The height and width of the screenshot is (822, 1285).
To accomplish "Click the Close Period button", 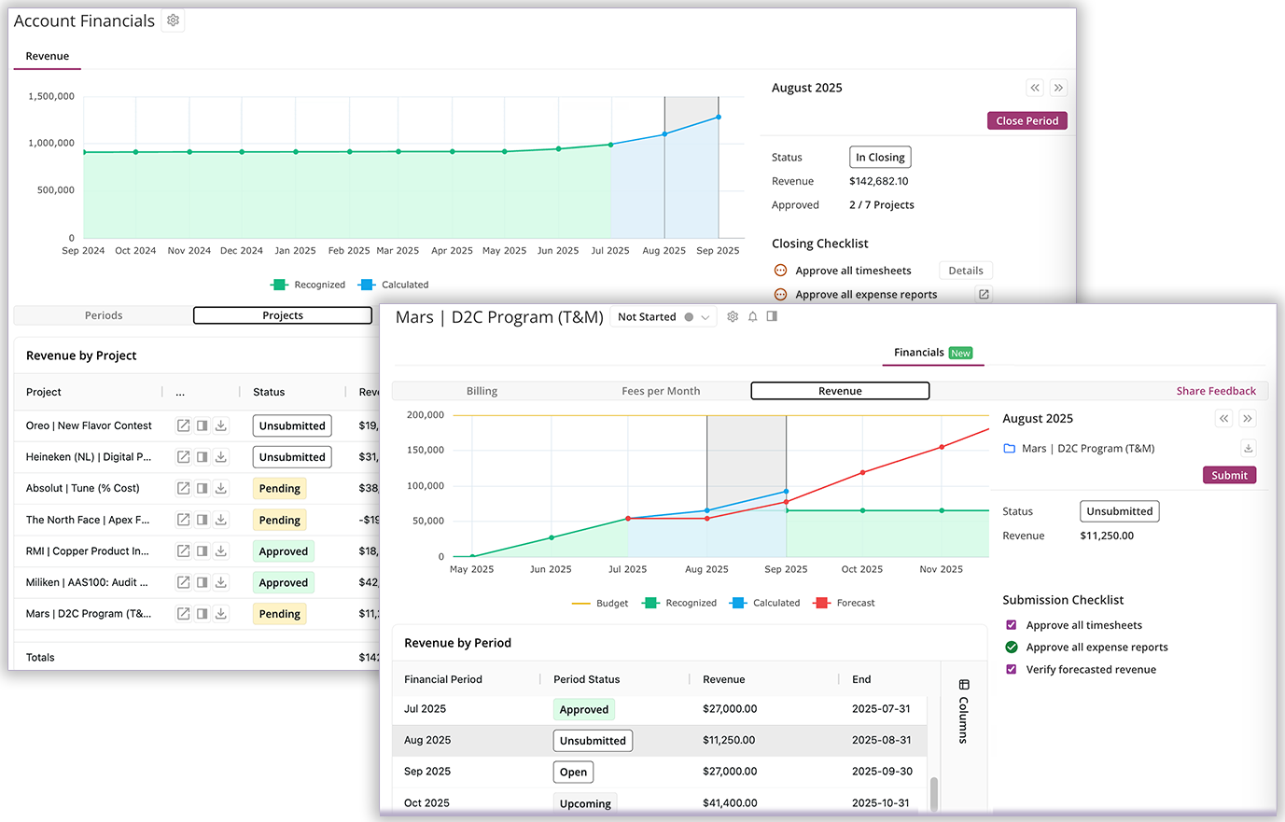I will coord(1027,120).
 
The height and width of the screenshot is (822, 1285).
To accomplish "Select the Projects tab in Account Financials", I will coord(282,315).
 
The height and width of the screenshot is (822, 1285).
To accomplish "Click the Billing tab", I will coord(482,391).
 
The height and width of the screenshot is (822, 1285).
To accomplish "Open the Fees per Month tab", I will coord(661,391).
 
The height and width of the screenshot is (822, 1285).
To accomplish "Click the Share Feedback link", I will coord(1215,391).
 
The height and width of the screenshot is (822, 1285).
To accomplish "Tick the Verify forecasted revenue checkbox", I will coord(1011,669).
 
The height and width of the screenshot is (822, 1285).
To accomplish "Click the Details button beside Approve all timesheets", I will coord(965,271).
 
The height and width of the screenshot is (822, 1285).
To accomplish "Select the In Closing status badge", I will coord(879,158).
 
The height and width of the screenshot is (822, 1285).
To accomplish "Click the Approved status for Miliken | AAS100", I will coord(283,582).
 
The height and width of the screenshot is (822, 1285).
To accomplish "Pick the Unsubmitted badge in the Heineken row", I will coord(292,457).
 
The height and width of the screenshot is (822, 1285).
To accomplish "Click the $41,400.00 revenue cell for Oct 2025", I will coord(729,802).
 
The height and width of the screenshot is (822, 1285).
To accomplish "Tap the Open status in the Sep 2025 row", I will coord(573,772).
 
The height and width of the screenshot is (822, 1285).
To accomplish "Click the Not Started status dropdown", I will coord(663,317).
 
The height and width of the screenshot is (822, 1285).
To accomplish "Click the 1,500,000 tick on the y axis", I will coord(51,96).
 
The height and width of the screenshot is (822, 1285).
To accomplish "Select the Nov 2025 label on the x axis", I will coord(941,569).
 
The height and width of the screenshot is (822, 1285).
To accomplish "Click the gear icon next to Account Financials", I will coord(173,21).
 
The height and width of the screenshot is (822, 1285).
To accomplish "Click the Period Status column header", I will coord(586,679).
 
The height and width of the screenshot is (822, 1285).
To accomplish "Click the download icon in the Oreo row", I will coord(221,425).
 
